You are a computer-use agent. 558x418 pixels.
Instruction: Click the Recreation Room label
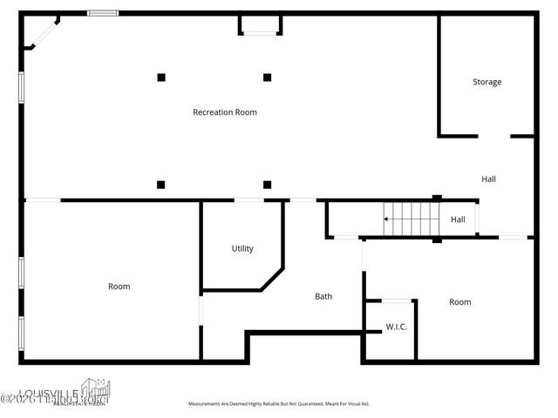(225, 112)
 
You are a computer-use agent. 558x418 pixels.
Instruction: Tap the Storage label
(487, 82)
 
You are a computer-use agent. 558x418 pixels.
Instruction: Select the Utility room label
(242, 249)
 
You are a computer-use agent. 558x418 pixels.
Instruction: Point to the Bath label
(323, 297)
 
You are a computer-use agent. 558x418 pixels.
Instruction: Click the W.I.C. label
(397, 327)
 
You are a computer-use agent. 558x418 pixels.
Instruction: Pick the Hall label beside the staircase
(458, 219)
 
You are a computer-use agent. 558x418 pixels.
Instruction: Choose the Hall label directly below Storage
(488, 179)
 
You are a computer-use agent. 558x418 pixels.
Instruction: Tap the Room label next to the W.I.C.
(460, 302)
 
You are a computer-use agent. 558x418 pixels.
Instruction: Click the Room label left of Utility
(119, 287)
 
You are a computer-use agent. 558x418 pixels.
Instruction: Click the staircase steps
(403, 219)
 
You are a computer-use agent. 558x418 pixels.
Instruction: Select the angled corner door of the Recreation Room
(42, 32)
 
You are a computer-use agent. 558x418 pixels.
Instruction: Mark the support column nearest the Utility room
(268, 185)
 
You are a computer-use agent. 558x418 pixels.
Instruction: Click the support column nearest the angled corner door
(161, 78)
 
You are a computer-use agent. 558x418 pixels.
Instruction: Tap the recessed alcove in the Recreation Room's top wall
(261, 24)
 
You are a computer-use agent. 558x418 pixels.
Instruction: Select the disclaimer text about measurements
(279, 404)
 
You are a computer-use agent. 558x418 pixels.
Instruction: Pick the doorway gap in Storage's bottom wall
(493, 136)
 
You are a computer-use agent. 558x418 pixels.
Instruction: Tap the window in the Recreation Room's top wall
(103, 13)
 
